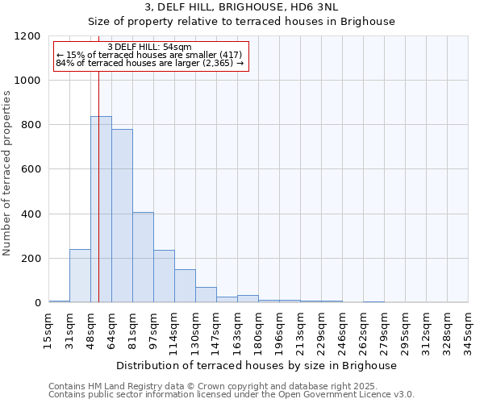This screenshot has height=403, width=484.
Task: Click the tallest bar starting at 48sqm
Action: [x=101, y=210]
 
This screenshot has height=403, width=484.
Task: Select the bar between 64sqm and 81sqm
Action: [x=122, y=216]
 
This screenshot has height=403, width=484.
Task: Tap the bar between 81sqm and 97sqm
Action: [x=143, y=258]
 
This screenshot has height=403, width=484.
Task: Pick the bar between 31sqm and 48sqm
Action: [x=80, y=276]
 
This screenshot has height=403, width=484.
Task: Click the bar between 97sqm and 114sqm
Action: [x=164, y=276]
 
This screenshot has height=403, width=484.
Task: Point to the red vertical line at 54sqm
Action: [x=98, y=201]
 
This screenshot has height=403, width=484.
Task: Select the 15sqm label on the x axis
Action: [x=48, y=329]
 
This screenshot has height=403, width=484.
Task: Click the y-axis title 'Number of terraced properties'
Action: [x=7, y=173]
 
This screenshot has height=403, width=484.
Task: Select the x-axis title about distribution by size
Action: [x=258, y=365]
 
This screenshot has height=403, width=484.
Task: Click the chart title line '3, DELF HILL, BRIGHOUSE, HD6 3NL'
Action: [x=258, y=7]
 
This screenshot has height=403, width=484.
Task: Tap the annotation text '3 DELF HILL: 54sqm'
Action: [x=149, y=47]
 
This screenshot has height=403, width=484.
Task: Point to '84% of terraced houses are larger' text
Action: [x=149, y=63]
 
